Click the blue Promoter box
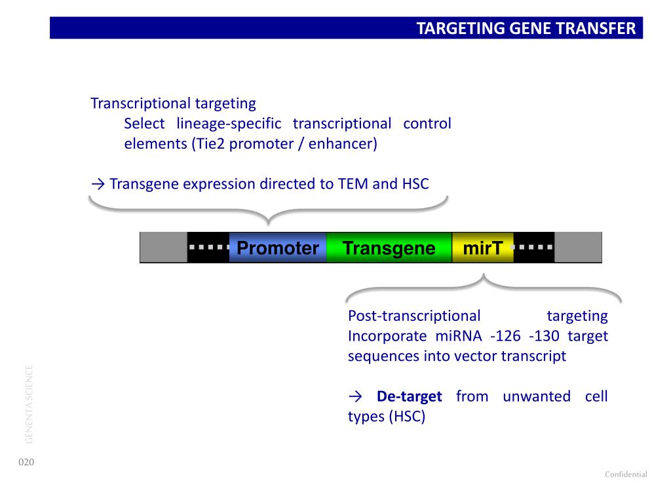278,247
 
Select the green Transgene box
389,247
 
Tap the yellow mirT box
483,247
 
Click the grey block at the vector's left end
163,247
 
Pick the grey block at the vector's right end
578,247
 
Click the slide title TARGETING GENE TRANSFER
526,28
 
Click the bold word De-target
409,396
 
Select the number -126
505,336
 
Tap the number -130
544,336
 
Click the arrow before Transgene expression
98,184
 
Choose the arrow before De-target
355,397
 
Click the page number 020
26,462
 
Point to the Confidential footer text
626,474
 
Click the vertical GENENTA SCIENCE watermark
29,404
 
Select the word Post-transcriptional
414,316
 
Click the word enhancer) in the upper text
343,143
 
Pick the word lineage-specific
229,124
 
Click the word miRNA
459,336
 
